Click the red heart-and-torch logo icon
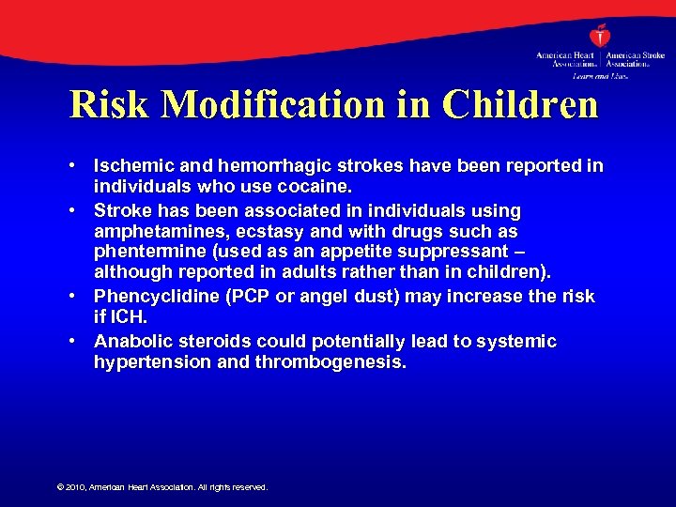pos(601,38)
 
